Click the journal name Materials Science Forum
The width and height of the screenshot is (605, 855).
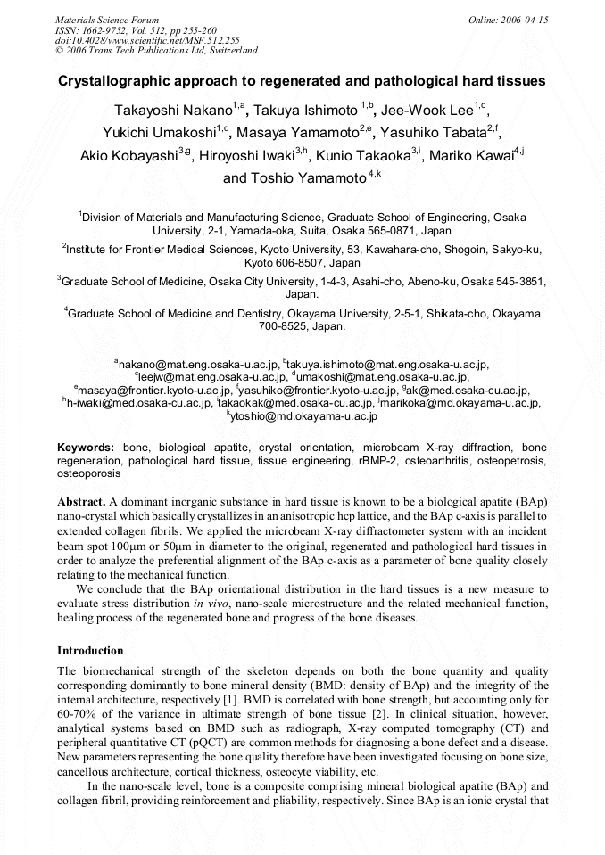[x=107, y=19]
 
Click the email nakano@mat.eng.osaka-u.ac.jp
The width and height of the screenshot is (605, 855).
[x=198, y=364]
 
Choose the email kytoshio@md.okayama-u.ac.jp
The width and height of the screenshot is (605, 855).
[x=304, y=415]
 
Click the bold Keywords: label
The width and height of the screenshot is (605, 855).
[x=86, y=447]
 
